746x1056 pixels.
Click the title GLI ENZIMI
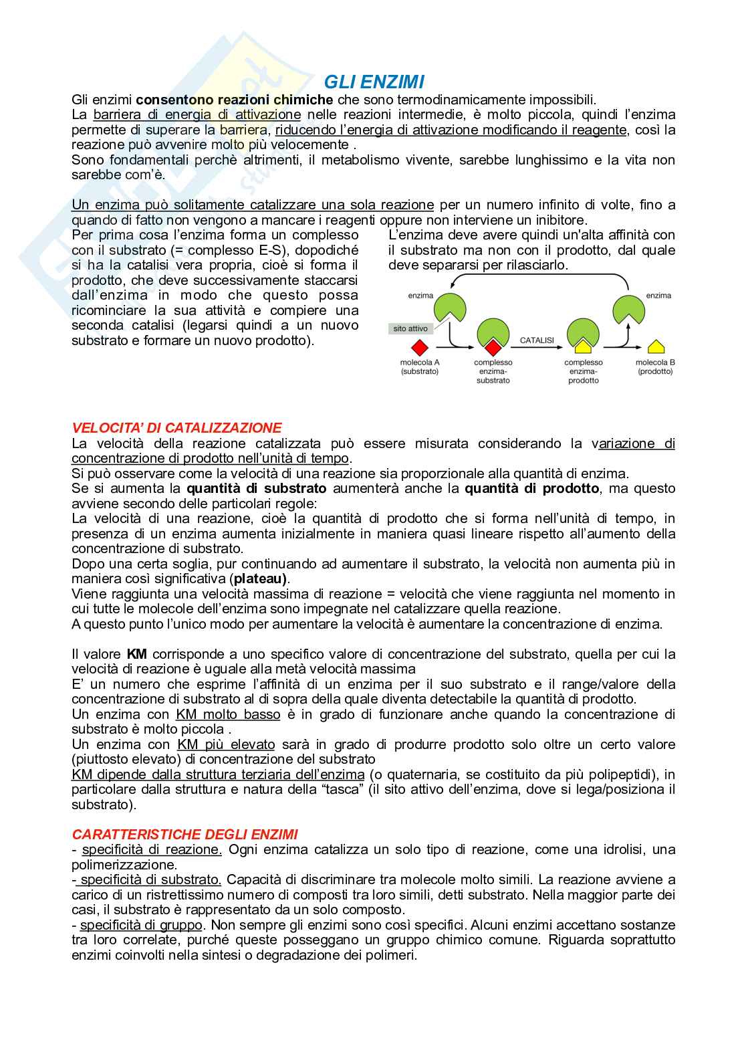(374, 82)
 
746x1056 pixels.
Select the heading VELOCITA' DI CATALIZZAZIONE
(176, 427)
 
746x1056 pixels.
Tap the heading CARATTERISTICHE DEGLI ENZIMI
(185, 834)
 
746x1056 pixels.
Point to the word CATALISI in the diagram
(537, 340)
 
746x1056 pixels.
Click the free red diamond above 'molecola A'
(419, 348)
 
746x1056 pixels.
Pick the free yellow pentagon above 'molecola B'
(656, 346)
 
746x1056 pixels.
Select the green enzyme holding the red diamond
(493, 336)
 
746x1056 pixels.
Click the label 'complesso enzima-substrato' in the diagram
(493, 371)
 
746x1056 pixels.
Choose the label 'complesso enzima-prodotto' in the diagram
(584, 371)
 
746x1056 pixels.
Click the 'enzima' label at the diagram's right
(658, 295)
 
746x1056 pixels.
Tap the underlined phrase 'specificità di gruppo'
(141, 925)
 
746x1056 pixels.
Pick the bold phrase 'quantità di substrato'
(257, 488)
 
